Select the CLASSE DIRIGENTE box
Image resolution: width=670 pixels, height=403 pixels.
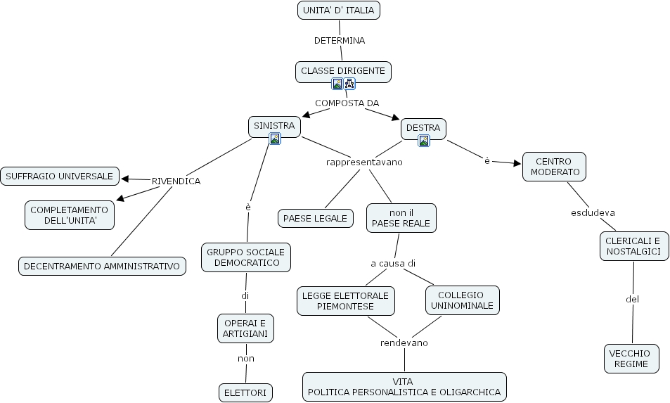(x=342, y=71)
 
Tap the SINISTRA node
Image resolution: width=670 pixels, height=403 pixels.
(x=274, y=126)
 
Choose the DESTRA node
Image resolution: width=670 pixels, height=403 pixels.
(x=423, y=128)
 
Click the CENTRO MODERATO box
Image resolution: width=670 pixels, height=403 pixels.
(x=554, y=167)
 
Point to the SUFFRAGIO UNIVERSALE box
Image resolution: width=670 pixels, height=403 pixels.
(x=60, y=177)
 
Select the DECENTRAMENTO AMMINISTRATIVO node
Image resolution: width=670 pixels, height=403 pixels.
(x=102, y=266)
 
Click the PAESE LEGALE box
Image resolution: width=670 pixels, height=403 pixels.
(x=315, y=218)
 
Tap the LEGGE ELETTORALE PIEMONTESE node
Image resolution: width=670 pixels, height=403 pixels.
(x=345, y=301)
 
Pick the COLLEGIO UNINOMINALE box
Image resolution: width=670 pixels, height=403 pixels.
(x=461, y=300)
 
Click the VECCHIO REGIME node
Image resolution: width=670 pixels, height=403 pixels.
(x=631, y=358)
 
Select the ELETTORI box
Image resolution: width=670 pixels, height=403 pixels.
(x=245, y=392)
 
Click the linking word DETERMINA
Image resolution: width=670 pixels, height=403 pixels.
(x=339, y=40)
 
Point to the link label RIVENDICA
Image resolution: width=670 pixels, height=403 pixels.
(x=176, y=181)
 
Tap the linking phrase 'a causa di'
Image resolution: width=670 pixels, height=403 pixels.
(x=393, y=263)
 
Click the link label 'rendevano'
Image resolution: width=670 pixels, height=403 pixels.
(x=404, y=343)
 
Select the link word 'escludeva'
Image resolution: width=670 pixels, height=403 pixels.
(x=593, y=212)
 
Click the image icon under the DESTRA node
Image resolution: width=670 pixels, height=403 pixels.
(x=423, y=141)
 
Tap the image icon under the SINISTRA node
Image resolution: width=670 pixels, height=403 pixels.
(x=275, y=139)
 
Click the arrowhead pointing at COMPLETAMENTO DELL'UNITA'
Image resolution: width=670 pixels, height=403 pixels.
(x=120, y=199)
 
